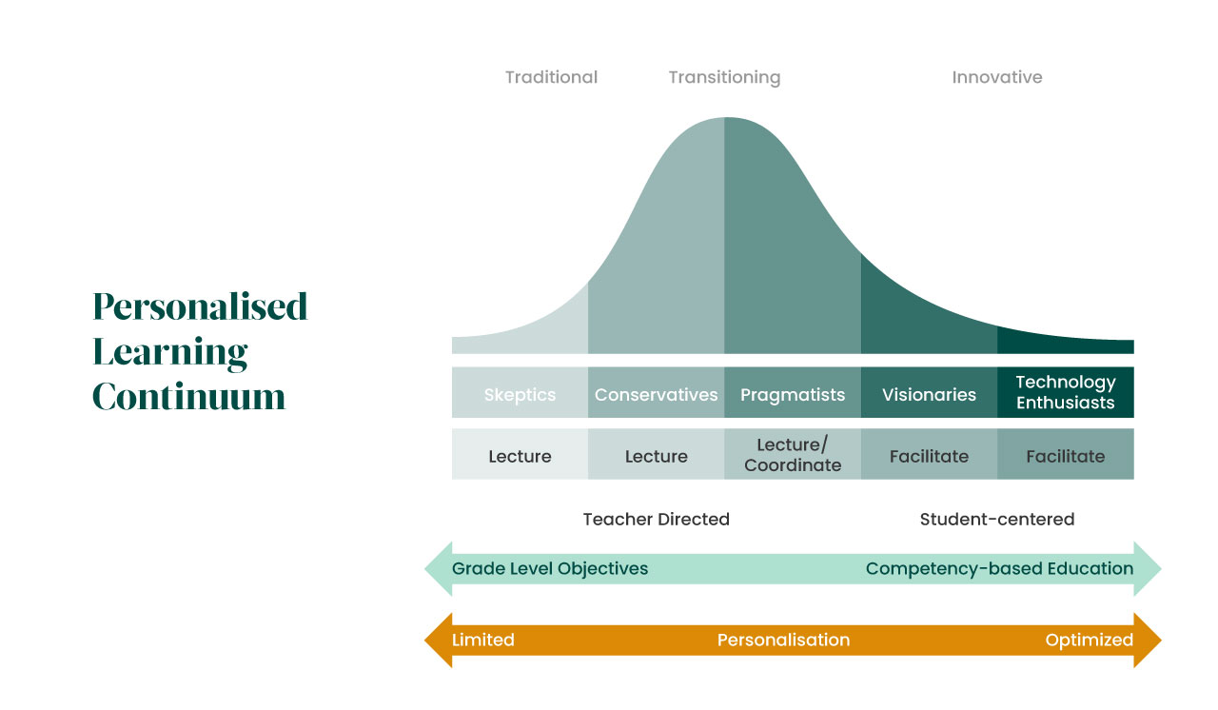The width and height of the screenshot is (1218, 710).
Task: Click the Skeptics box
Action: pyautogui.click(x=520, y=394)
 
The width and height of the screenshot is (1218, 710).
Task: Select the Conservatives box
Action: pyautogui.click(x=657, y=394)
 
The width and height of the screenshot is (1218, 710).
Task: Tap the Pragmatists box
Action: pyautogui.click(x=793, y=394)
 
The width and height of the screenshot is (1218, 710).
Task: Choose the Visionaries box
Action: pyautogui.click(x=929, y=394)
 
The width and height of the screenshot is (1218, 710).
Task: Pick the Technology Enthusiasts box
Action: pyautogui.click(x=1066, y=392)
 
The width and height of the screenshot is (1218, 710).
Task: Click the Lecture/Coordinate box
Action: pyautogui.click(x=793, y=455)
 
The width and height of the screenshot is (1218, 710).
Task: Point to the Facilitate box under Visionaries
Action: pyautogui.click(x=929, y=456)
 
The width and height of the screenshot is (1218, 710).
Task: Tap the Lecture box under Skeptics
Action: pyautogui.click(x=520, y=456)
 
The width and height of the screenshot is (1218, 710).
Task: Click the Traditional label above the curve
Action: pyautogui.click(x=551, y=77)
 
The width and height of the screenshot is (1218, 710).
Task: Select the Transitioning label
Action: pyautogui.click(x=724, y=77)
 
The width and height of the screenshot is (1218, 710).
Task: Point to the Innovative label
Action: pyautogui.click(x=996, y=77)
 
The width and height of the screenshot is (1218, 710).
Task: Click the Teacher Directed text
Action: pyautogui.click(x=656, y=519)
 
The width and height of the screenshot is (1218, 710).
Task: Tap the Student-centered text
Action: pyautogui.click(x=996, y=519)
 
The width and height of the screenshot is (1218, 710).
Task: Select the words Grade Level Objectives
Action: pyautogui.click(x=550, y=568)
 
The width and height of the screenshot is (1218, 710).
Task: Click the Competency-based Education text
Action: pyautogui.click(x=999, y=568)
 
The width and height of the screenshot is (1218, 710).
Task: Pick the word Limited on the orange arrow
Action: pyautogui.click(x=483, y=640)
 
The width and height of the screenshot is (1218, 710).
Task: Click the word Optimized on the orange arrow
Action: pyautogui.click(x=1089, y=640)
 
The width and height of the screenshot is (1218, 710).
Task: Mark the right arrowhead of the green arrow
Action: pyautogui.click(x=1148, y=568)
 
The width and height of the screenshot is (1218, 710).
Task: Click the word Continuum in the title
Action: pyautogui.click(x=189, y=396)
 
